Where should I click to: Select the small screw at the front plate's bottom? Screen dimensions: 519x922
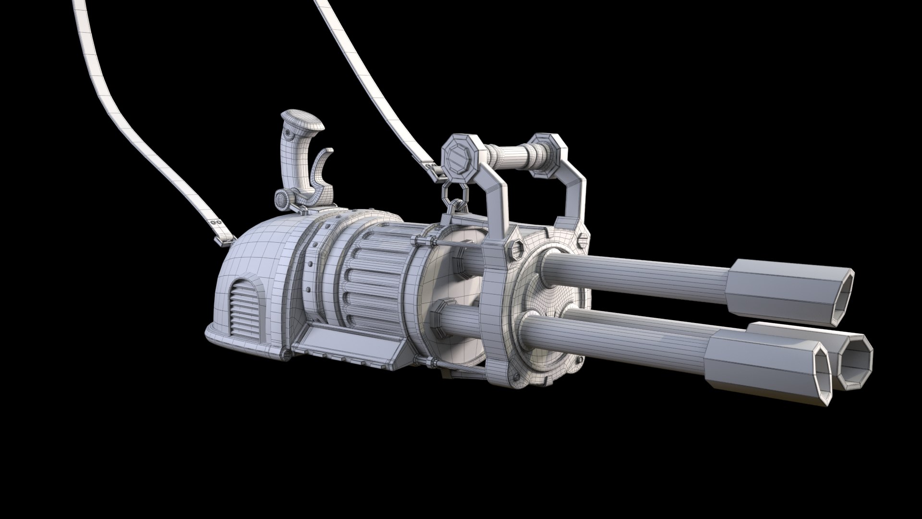pos(516,377)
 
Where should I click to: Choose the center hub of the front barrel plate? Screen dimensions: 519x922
pos(552,308)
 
